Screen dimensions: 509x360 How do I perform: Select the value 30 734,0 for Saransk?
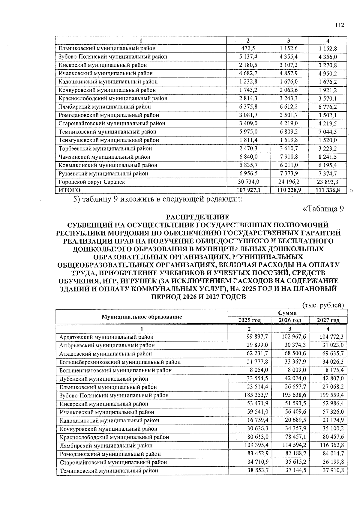(x=248, y=182)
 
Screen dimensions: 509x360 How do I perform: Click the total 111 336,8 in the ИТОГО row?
(x=328, y=190)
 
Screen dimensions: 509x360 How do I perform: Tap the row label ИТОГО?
(x=70, y=190)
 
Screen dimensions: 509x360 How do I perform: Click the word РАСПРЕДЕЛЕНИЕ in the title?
(x=198, y=217)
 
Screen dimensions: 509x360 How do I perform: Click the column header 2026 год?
(x=290, y=320)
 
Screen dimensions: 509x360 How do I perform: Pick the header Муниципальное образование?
(x=142, y=317)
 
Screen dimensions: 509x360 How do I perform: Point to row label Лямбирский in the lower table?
(x=106, y=445)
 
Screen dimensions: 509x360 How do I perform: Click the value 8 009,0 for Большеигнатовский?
(x=296, y=370)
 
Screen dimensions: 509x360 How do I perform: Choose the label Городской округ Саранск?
(x=92, y=182)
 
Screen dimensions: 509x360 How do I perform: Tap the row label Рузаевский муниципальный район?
(x=103, y=173)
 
